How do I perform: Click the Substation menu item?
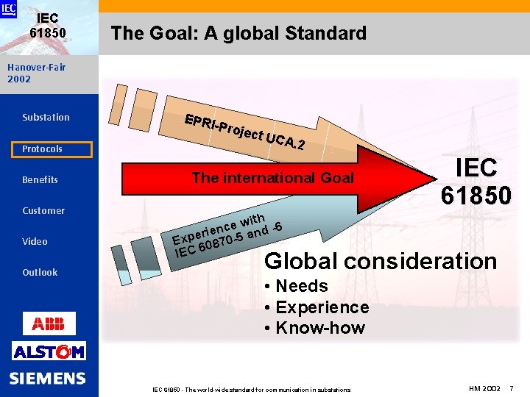tap(46, 118)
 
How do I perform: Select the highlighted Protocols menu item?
tap(42, 149)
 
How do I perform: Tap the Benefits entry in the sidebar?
tap(40, 180)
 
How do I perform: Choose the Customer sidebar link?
tap(43, 211)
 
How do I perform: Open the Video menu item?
tap(35, 242)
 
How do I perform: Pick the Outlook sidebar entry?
tap(40, 273)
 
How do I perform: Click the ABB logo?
tap(49, 323)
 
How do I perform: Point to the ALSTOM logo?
tap(49, 351)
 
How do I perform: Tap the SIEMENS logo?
tap(48, 379)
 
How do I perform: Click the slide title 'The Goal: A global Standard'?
tap(238, 33)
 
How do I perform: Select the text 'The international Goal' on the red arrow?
tap(272, 178)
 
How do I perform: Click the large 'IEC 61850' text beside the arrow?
tap(476, 181)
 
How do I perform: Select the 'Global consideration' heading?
tap(380, 261)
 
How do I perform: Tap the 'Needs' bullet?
tap(296, 286)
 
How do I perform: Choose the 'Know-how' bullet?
tap(315, 328)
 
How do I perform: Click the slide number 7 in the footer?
tap(511, 387)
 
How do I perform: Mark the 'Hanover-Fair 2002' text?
tap(36, 73)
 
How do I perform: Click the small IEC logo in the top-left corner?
tap(8, 9)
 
